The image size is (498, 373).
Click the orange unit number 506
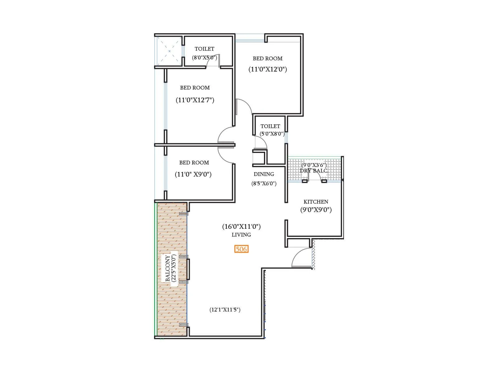[241, 249]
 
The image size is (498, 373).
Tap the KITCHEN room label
[316, 202]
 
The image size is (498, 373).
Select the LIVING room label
[241, 235]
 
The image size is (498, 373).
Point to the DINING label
[264, 174]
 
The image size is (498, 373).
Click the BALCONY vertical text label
[168, 268]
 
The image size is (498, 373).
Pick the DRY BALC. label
[314, 171]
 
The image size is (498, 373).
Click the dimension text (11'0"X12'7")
[195, 100]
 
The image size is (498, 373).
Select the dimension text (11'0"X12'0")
[268, 69]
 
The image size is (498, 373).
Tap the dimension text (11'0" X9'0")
[193, 174]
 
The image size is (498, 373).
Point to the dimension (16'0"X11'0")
[241, 227]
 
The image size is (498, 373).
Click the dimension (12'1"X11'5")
[225, 310]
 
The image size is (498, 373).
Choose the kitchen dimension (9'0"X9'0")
[316, 210]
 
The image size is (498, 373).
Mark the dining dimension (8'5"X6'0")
[264, 183]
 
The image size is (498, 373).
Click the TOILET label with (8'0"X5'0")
[204, 49]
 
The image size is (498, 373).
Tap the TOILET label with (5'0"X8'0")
[270, 126]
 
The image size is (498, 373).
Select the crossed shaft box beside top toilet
[169, 51]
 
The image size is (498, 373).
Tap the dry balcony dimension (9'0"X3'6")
[314, 165]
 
